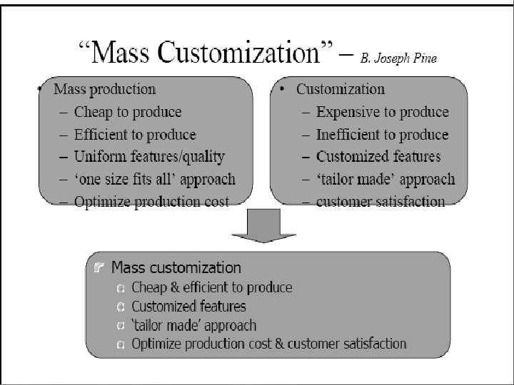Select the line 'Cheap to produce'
tap(128, 112)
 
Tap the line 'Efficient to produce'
tap(135, 134)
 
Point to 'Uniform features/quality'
tap(149, 156)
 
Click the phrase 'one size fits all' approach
tap(154, 179)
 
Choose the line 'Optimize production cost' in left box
tap(152, 202)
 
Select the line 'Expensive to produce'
tap(383, 112)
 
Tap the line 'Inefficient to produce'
tap(383, 134)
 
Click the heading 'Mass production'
tap(105, 90)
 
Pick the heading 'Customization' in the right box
tap(341, 90)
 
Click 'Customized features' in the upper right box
tap(378, 156)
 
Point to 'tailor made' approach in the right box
tap(385, 179)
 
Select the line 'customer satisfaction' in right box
tap(381, 202)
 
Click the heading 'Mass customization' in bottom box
tap(176, 268)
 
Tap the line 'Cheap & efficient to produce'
tap(212, 287)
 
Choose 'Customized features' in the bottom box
tap(189, 307)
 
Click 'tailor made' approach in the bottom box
tap(194, 325)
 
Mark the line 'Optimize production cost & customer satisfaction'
tap(269, 344)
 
